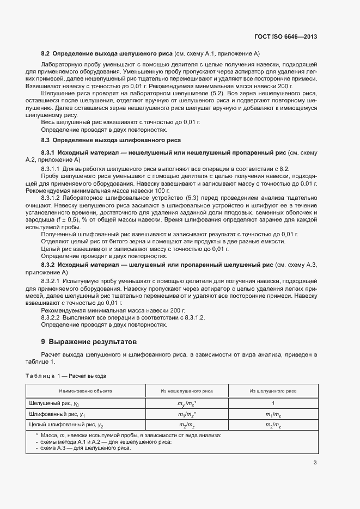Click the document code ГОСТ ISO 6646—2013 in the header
[x=285, y=36]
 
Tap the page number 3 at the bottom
[x=315, y=463]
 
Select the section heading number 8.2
[x=45, y=53]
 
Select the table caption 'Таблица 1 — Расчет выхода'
[x=66, y=376]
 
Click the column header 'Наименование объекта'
[x=86, y=390]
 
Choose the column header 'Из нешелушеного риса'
[x=186, y=390]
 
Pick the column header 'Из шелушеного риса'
[x=273, y=390]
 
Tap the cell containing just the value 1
[x=273, y=403]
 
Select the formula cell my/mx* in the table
[x=187, y=403]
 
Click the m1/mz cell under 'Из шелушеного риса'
[x=273, y=414]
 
